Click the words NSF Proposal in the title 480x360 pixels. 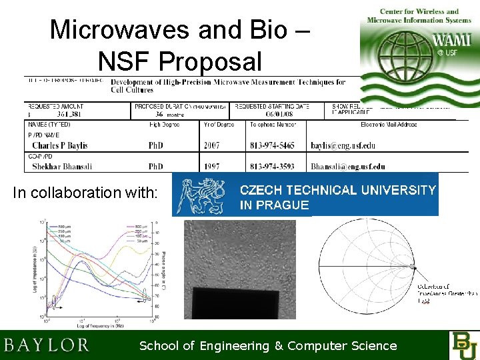click(x=180, y=61)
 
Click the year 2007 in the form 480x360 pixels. click(x=211, y=145)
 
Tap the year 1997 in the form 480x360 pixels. click(x=211, y=166)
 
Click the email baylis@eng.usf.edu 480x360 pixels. click(x=343, y=145)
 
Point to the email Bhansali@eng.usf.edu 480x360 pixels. click(x=347, y=166)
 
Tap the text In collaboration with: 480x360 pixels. click(x=85, y=193)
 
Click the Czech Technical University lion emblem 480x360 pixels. click(x=202, y=194)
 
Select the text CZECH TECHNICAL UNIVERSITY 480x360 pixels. click(x=337, y=190)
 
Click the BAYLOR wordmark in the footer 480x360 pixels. click(x=47, y=345)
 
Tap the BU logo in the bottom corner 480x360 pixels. click(x=464, y=345)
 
